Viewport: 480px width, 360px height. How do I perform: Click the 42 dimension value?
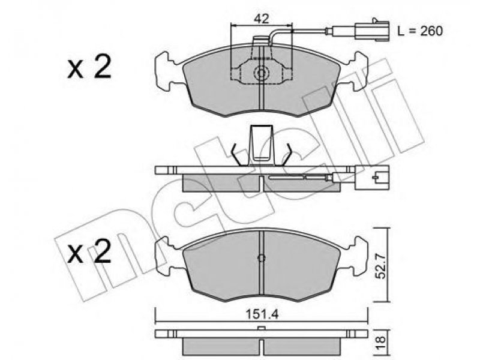[261, 19]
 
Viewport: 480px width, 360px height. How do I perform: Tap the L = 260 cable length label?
[419, 31]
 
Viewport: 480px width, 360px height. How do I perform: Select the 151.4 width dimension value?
[262, 314]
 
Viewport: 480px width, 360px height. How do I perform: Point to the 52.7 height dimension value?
[380, 265]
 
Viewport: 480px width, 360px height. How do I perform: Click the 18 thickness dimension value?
[380, 340]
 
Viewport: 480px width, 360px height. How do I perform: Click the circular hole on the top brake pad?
[261, 73]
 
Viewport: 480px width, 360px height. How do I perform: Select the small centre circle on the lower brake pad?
[261, 258]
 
